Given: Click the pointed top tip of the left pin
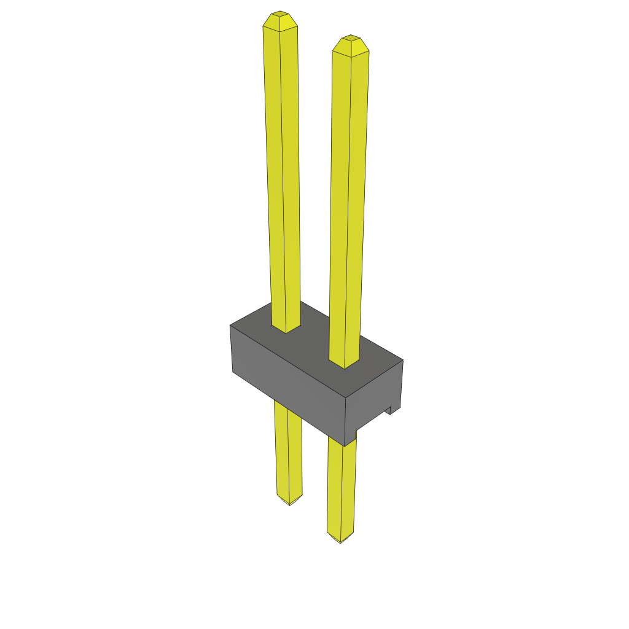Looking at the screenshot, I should click(280, 14).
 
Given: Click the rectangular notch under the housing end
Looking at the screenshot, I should click(389, 410).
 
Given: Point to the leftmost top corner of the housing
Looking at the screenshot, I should click(230, 326).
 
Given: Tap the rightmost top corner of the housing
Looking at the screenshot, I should click(403, 361).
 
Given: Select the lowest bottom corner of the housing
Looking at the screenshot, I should click(346, 445).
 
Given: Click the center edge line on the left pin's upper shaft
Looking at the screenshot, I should click(283, 172).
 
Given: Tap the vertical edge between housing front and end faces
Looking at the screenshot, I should click(346, 421).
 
